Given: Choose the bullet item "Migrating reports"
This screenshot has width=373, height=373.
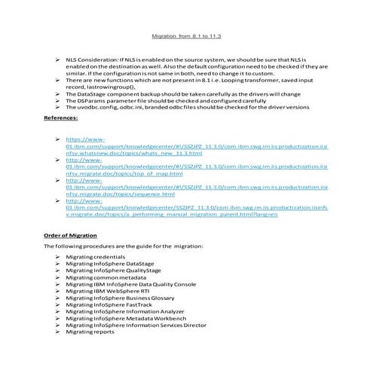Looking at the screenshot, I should pyautogui.click(x=89, y=331).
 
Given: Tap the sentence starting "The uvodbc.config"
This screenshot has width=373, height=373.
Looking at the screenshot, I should pyautogui.click(x=187, y=106).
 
